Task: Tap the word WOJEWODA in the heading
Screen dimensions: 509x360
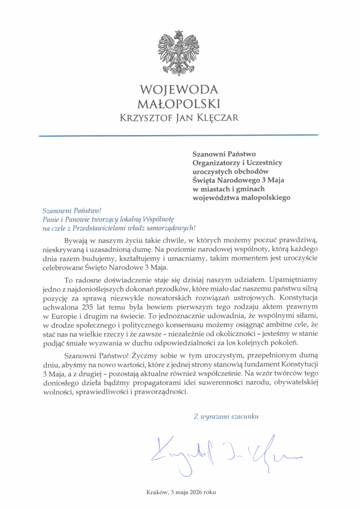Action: pyautogui.click(x=180, y=89)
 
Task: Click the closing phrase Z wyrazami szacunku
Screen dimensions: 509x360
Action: pyautogui.click(x=226, y=417)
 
